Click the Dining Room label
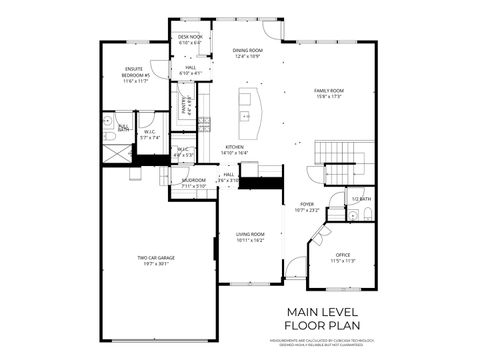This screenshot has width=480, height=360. (x=247, y=51)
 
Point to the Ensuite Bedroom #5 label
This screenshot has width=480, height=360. (x=136, y=72)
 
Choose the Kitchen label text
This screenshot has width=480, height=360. (x=234, y=147)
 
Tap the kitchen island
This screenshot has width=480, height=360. (x=247, y=104)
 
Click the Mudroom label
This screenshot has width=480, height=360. (x=193, y=181)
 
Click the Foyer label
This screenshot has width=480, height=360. (x=306, y=205)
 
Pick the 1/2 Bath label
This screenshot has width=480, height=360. (x=361, y=199)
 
